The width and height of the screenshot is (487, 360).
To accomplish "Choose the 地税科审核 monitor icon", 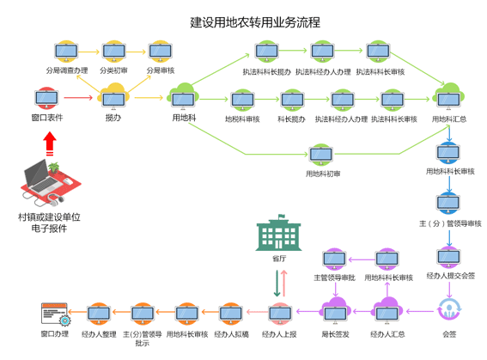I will click(242, 101).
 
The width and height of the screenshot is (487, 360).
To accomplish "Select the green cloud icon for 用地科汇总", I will click(448, 97).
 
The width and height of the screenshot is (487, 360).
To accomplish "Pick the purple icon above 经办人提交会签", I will click(449, 256).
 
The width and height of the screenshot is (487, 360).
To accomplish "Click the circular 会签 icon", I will click(448, 310).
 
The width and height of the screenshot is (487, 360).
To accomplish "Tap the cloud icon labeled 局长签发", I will click(334, 312).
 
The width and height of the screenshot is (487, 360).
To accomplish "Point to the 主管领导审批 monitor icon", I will click(334, 258).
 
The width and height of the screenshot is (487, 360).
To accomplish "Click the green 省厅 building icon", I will click(279, 235).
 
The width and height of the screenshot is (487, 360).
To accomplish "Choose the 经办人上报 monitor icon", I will click(279, 313).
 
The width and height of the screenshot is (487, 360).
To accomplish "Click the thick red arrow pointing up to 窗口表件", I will click(49, 141).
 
